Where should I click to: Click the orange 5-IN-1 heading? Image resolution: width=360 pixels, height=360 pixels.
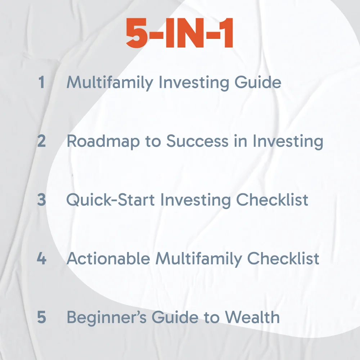point(180,33)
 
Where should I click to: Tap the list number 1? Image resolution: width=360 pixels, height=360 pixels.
point(41,82)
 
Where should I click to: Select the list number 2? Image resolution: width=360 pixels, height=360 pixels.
point(41,141)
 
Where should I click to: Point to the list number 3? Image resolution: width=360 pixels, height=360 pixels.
point(41,200)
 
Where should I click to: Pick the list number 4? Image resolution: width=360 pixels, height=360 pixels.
point(41,258)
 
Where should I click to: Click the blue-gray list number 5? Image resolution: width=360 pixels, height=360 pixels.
point(41,317)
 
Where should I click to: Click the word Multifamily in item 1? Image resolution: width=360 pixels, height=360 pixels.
point(110,83)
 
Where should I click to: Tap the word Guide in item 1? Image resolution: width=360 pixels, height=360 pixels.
point(258,82)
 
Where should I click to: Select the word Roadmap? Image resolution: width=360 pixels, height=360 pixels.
point(103,141)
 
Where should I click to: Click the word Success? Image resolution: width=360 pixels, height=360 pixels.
point(197,141)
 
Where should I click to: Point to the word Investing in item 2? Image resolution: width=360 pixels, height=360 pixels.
point(288,141)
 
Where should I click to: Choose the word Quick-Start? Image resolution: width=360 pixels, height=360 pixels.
point(111,199)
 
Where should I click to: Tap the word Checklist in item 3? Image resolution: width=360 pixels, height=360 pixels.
point(272,199)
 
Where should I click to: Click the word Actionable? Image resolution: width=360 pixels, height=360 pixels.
point(108,258)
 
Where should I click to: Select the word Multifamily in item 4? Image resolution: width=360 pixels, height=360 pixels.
point(199,259)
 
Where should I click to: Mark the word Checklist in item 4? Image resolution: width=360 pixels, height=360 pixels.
point(283,258)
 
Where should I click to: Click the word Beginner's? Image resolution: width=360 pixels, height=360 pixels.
point(107,318)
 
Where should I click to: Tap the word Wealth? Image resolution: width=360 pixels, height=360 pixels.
point(252,317)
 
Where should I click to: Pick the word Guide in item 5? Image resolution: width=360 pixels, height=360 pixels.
point(175,317)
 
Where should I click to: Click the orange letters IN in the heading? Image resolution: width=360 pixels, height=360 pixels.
point(185,33)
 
